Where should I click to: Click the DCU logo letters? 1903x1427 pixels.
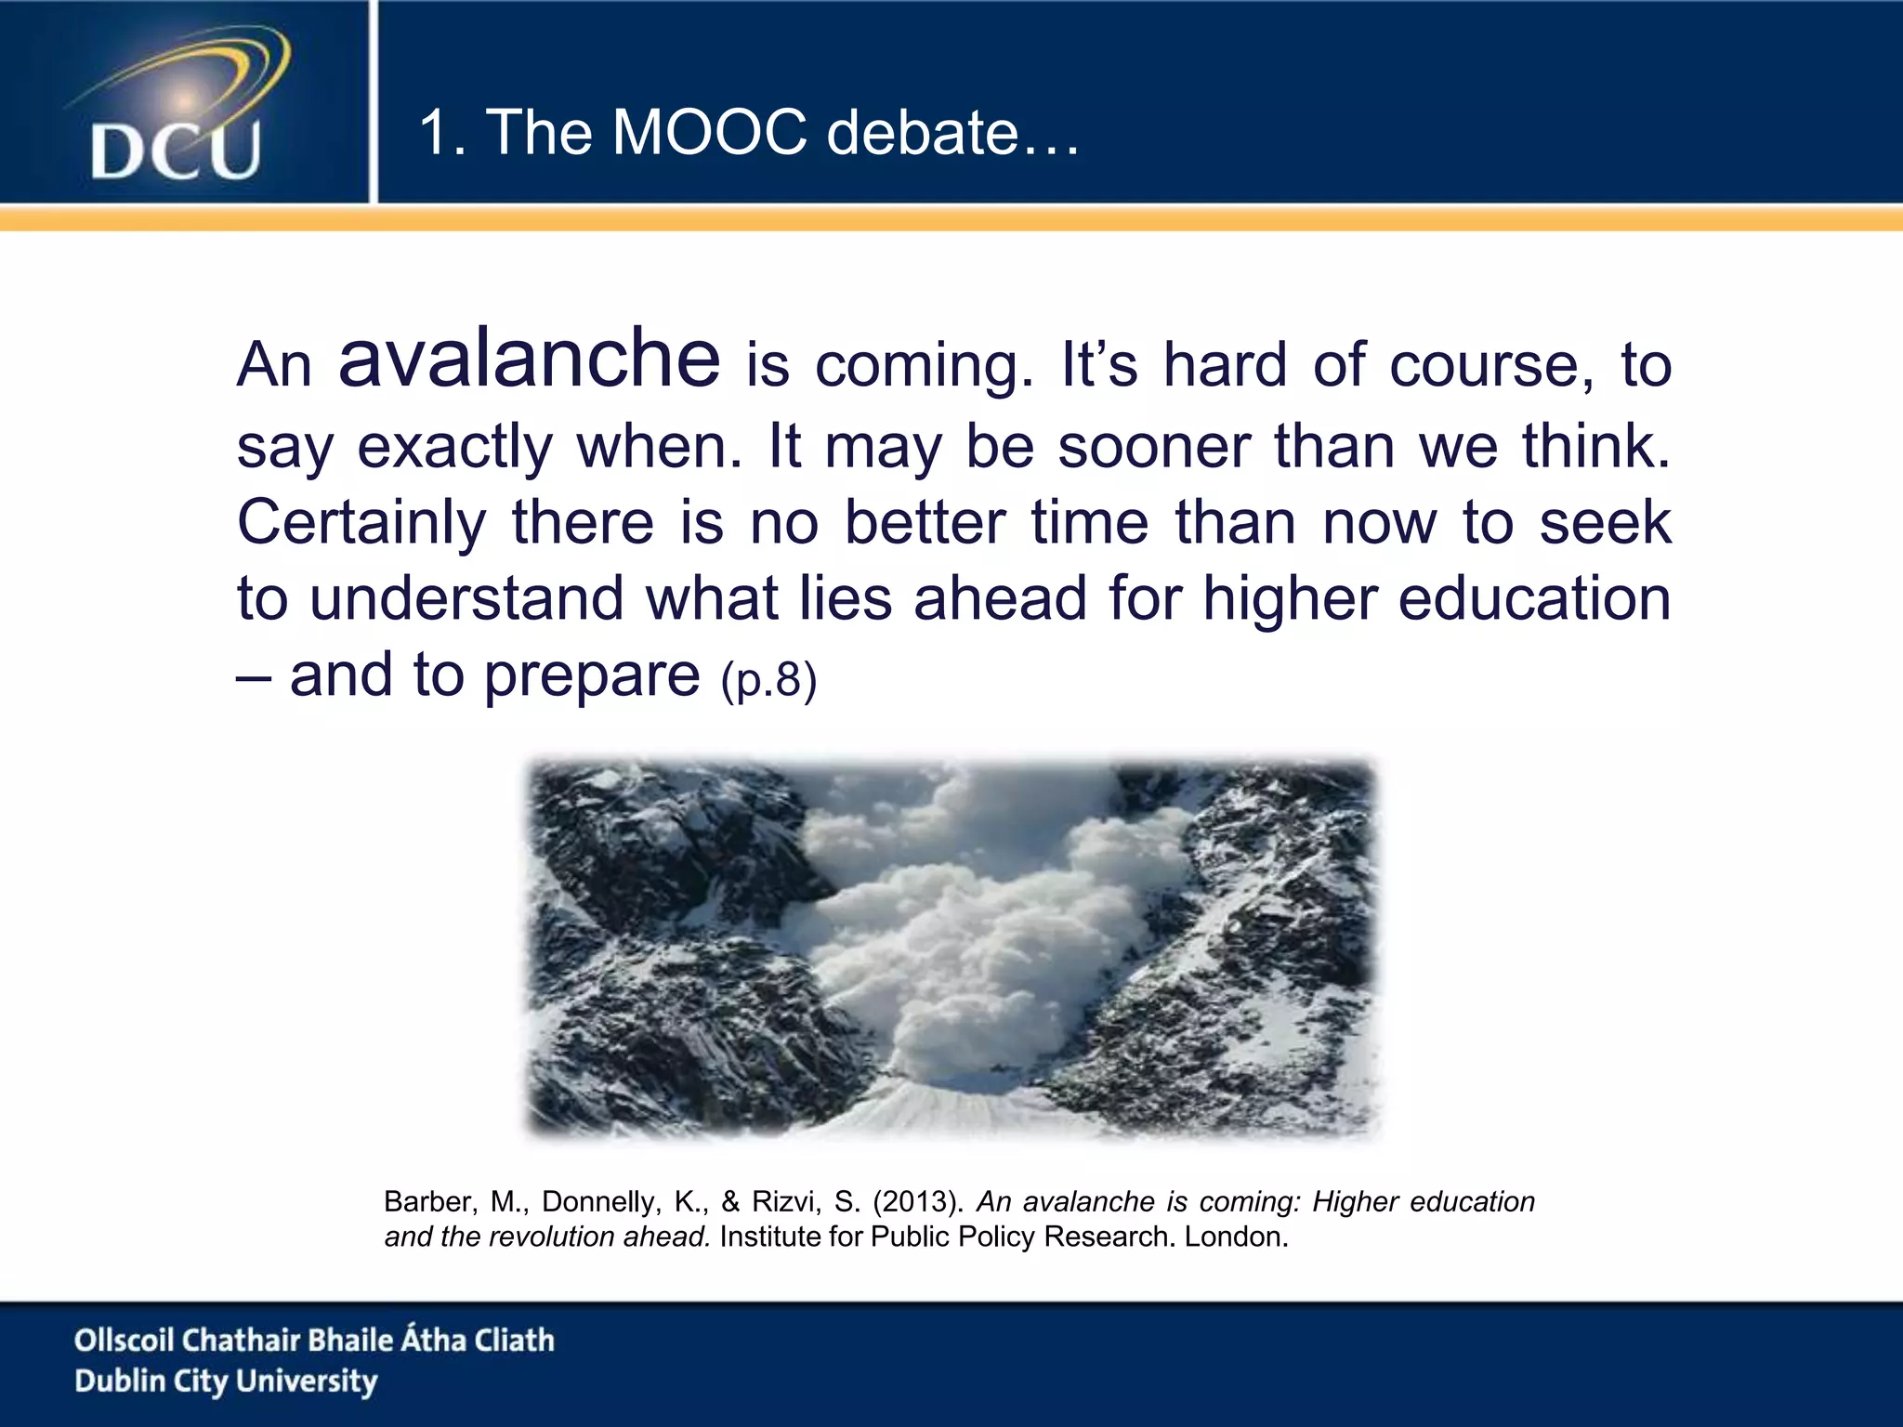point(176,150)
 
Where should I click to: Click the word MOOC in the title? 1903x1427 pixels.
point(710,132)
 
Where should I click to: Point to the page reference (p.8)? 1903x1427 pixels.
point(768,679)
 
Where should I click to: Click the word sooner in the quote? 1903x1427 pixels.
point(1154,446)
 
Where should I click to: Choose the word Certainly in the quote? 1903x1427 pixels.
point(361,522)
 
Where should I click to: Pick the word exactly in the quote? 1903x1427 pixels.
point(454,448)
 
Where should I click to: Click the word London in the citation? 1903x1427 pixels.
point(1235,1237)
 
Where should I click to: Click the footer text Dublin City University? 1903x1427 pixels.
point(226,1381)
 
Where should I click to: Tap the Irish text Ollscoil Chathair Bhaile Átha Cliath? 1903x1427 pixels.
point(314,1340)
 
